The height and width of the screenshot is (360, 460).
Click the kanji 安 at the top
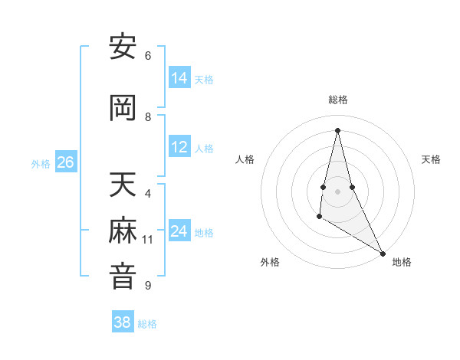(x=123, y=47)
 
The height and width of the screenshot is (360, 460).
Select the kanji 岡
(x=123, y=109)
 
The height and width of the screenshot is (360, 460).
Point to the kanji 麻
(x=123, y=231)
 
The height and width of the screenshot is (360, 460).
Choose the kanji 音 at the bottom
(x=123, y=277)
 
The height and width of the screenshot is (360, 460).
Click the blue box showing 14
(x=179, y=78)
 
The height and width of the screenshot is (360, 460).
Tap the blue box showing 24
(x=179, y=231)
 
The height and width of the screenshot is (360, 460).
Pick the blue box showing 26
(x=65, y=162)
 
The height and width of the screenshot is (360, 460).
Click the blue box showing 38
(x=122, y=322)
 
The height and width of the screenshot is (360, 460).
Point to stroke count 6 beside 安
(x=148, y=56)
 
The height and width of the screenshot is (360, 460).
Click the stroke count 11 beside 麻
(x=148, y=240)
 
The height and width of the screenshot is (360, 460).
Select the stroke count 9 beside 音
(x=148, y=286)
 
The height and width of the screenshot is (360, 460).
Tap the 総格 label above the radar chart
(x=337, y=100)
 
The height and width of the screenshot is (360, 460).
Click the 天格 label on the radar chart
(x=431, y=159)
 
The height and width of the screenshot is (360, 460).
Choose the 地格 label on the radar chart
(x=402, y=262)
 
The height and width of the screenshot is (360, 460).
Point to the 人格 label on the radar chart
(x=245, y=159)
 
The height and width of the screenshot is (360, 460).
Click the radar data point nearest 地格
(x=383, y=254)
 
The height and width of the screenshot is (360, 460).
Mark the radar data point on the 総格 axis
(x=337, y=130)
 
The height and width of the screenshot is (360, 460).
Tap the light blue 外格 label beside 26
(x=41, y=163)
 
